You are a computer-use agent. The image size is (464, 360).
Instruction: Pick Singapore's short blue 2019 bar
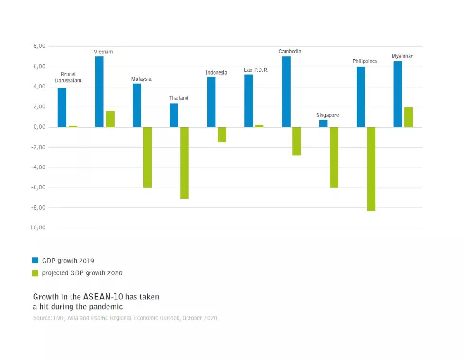(323, 123)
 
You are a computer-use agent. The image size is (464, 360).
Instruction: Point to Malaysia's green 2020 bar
(147, 157)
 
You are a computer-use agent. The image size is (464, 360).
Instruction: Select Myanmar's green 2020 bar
(409, 117)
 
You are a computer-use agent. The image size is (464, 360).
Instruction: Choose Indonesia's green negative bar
(222, 134)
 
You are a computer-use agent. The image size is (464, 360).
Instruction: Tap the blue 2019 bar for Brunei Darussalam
(62, 107)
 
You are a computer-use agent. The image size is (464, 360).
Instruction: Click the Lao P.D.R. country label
(256, 70)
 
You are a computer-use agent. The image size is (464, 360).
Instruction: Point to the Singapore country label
(327, 115)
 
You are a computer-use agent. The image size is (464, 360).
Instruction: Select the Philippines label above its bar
(365, 61)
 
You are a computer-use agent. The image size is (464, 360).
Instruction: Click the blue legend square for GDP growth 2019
(35, 260)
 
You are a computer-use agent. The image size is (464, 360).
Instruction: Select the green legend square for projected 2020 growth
(35, 273)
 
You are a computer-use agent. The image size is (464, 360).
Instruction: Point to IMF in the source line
(61, 318)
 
